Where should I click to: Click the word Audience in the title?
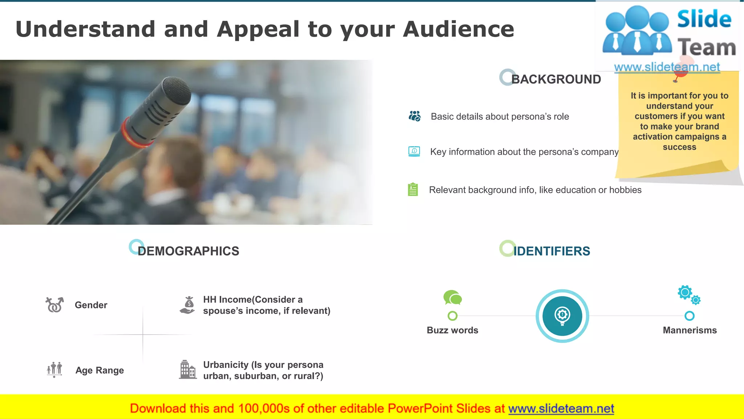click(458, 29)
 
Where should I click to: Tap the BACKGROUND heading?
click(556, 79)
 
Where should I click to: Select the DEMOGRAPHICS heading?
click(189, 251)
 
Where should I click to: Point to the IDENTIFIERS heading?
click(551, 251)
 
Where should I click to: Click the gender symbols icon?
click(54, 305)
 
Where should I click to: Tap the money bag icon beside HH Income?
click(188, 305)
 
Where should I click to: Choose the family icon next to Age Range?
click(54, 369)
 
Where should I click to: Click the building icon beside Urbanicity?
click(187, 370)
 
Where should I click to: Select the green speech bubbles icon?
click(453, 298)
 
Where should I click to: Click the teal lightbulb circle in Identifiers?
click(562, 316)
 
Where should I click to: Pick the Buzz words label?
click(452, 330)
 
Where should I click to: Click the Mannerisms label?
click(690, 330)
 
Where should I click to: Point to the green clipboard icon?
click(413, 189)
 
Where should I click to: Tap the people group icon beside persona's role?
click(415, 116)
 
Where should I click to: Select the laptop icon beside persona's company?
click(414, 151)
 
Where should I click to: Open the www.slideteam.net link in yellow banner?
click(561, 408)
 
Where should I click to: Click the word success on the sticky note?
click(679, 147)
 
